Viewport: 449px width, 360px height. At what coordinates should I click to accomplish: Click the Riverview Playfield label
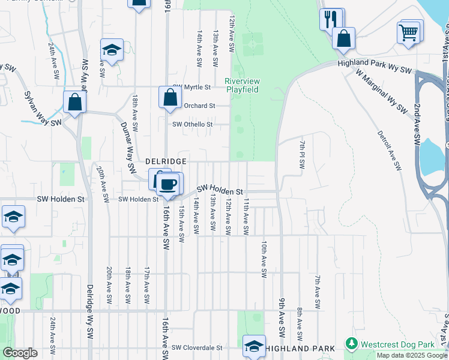tap(242, 85)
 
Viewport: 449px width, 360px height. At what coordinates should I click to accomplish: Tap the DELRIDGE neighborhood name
tap(166, 161)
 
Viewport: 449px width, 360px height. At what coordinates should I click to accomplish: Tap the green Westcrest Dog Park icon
tap(352, 344)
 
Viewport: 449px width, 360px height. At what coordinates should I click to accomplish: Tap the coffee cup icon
tap(169, 184)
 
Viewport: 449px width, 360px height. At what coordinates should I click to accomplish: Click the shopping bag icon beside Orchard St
tap(170, 97)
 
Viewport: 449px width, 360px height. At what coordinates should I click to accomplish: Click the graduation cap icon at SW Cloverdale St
tap(254, 346)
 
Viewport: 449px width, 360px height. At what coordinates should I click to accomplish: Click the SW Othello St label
tap(193, 124)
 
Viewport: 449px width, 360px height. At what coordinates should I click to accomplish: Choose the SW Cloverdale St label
tap(197, 347)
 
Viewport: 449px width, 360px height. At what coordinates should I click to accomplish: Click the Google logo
tap(20, 353)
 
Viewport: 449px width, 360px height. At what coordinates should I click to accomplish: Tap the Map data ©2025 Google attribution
tap(412, 355)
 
